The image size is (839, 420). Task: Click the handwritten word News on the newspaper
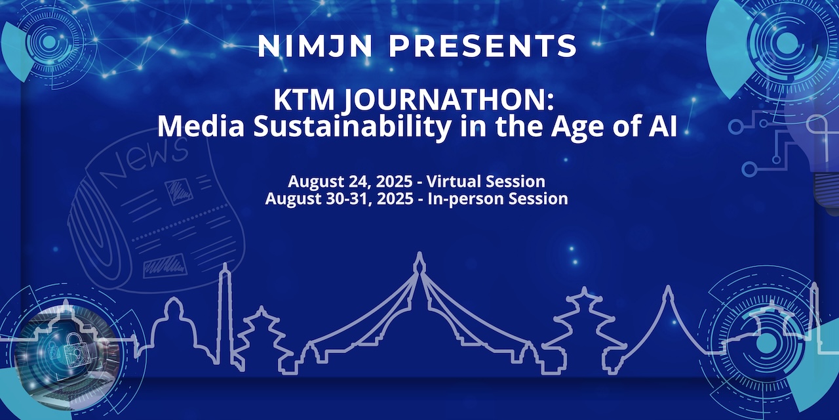pos(140,160)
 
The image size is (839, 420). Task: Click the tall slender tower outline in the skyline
pos(225,308)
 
